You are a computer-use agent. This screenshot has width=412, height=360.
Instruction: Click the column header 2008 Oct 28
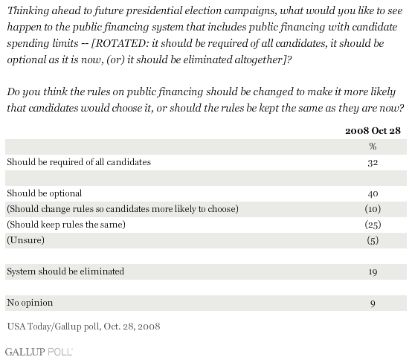tap(373, 131)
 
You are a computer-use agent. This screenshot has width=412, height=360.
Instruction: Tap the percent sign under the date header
tap(373, 146)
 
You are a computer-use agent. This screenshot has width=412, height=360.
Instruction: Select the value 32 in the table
tap(373, 163)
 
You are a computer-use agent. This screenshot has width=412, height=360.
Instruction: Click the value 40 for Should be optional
tap(373, 194)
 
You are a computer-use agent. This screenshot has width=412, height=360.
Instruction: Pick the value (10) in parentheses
tap(373, 209)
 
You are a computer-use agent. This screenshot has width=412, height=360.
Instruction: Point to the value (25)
tap(373, 225)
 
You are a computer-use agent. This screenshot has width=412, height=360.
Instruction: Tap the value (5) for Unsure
tap(373, 240)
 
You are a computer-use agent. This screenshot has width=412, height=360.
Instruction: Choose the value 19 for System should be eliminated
tap(373, 272)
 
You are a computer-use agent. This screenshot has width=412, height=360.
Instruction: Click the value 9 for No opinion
tap(373, 303)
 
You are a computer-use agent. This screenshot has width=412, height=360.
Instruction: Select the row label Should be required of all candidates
tap(79, 162)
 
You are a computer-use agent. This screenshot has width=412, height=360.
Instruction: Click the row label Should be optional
tap(45, 193)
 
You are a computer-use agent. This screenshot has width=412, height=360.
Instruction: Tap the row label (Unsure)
tap(26, 240)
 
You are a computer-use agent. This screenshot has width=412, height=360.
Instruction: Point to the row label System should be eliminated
tap(65, 271)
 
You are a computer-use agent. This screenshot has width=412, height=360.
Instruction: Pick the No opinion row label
tap(30, 303)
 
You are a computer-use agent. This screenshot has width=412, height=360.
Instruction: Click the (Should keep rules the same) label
tap(66, 225)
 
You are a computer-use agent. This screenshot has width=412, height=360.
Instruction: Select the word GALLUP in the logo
tap(25, 352)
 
